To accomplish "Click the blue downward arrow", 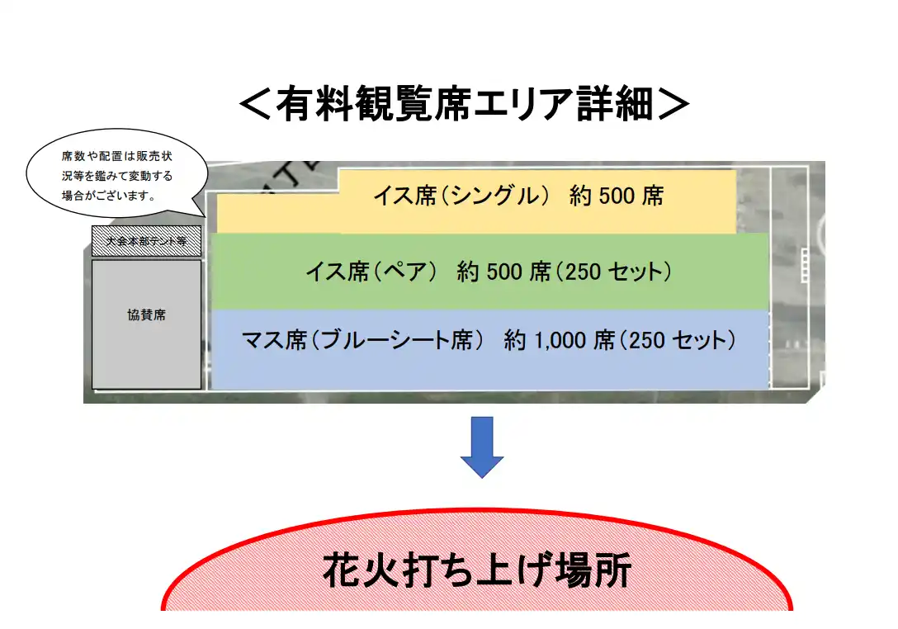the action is coord(482,447).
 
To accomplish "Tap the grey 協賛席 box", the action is coord(147,324).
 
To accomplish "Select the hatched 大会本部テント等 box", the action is coord(147,240).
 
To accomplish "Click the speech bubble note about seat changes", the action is coord(117,174).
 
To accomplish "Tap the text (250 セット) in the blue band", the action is coord(677,341).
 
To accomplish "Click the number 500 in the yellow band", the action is coord(617,196).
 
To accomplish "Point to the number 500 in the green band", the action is coord(504,272).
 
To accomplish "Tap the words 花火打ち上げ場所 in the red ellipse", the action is coord(477,570).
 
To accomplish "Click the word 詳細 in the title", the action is coord(615,104).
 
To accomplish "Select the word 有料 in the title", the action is coord(314,104).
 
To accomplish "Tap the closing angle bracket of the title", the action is coord(673,104).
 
